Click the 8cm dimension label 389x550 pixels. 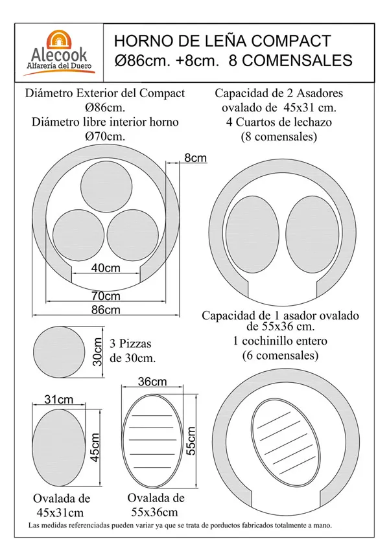click(195, 158)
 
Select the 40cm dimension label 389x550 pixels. click(105, 268)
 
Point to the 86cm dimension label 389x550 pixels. click(105, 310)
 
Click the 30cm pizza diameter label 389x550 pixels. click(97, 351)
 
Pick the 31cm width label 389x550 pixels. click(58, 399)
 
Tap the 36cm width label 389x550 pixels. click(152, 382)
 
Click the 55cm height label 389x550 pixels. click(191, 442)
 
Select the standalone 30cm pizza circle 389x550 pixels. click(59, 352)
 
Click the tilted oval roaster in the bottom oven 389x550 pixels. click(285, 440)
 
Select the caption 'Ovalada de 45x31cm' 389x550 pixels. click(62, 506)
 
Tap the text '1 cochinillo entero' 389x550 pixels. click(279, 341)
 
